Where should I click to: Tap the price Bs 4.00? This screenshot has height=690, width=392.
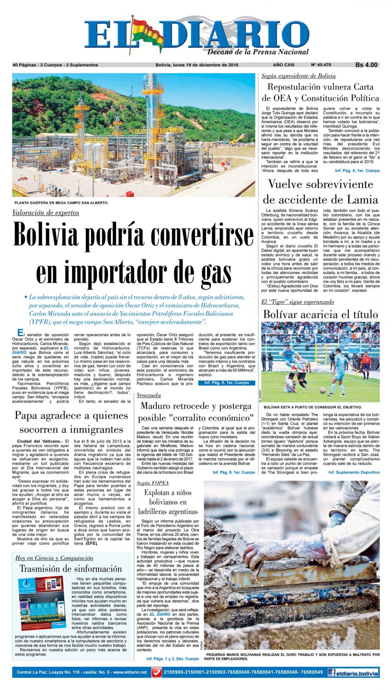click(x=366, y=65)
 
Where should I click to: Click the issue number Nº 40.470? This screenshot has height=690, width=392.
click(x=321, y=65)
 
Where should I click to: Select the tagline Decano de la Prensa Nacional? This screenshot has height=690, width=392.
click(x=258, y=52)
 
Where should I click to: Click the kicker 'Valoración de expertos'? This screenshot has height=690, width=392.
click(x=46, y=213)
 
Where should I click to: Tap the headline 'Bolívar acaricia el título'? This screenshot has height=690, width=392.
click(x=320, y=314)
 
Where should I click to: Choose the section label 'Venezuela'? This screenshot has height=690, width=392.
click(x=149, y=395)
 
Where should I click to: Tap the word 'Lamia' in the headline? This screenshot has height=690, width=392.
click(x=362, y=200)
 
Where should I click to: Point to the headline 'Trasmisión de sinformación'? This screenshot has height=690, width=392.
click(x=71, y=569)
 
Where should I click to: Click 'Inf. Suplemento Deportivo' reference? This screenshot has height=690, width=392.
click(x=354, y=473)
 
